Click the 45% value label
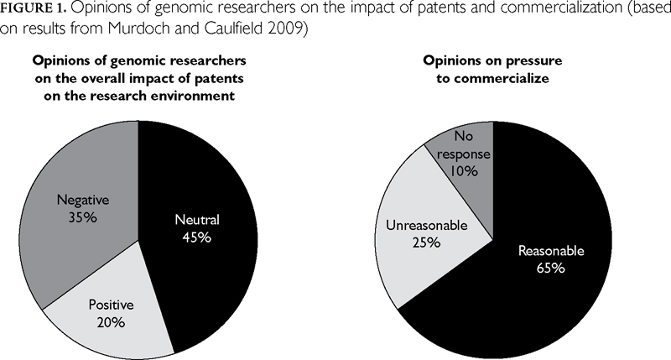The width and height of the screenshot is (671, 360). (x=196, y=237)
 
